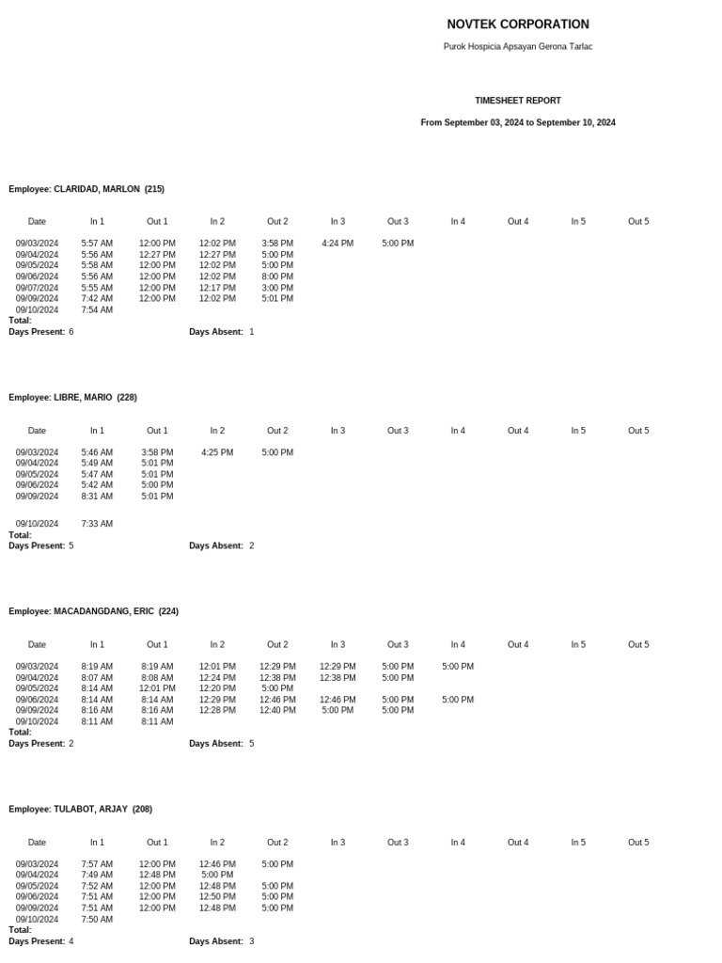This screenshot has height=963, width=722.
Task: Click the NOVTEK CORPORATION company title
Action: pos(518,24)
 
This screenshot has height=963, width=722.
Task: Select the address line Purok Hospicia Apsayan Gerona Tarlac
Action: pos(518,46)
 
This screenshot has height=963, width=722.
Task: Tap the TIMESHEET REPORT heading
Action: pos(518,101)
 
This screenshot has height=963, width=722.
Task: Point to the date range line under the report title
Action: pos(518,122)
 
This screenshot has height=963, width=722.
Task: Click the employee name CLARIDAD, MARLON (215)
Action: pos(86,189)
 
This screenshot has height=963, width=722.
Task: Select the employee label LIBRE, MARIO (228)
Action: pos(73,398)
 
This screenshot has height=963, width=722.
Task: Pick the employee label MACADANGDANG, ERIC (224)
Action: pos(94,611)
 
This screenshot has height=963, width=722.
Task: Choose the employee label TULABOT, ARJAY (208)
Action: pos(81,809)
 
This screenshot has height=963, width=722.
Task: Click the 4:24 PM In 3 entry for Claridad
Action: pos(337,244)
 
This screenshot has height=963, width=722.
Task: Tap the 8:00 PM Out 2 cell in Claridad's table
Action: pos(277,276)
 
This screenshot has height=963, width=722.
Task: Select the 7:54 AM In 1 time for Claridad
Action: pos(97,309)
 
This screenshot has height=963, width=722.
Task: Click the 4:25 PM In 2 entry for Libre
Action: pos(217,452)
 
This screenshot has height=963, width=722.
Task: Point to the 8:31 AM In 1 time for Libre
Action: pos(97,497)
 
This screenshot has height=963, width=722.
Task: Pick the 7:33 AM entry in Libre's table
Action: pos(97,524)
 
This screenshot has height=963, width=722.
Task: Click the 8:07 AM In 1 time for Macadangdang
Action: pos(97,678)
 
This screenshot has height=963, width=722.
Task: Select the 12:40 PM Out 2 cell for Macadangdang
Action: pos(277,711)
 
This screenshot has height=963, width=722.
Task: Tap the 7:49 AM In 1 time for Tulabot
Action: pos(97,875)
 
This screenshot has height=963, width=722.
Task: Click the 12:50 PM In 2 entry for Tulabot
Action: pos(217,897)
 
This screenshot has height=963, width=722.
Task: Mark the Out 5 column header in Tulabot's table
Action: pos(638,843)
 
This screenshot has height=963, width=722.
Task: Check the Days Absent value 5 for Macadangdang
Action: pos(251,744)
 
